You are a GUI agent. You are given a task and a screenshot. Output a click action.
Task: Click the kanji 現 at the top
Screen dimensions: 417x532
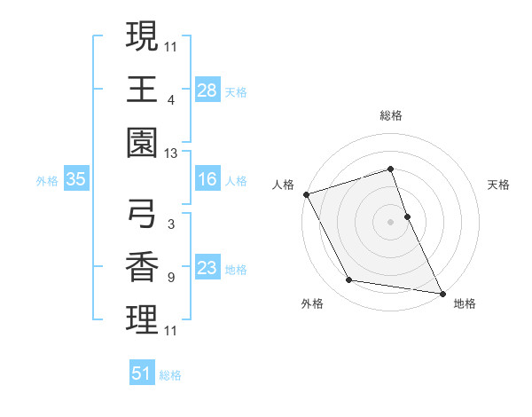(x=142, y=36)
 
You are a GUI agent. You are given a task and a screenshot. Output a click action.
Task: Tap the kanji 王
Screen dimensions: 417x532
(x=142, y=90)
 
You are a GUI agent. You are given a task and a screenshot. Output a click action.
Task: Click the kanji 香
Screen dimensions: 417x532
(x=142, y=267)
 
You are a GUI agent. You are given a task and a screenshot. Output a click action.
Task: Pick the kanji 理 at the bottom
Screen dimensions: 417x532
(x=142, y=321)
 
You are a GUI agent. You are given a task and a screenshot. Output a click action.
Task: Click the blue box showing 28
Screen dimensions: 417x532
(x=207, y=90)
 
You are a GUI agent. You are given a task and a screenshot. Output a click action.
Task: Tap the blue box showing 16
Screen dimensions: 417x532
(x=207, y=180)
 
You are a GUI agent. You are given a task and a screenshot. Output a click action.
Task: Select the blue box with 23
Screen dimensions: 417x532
(x=207, y=269)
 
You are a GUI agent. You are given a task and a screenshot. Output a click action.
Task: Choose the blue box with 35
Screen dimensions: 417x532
(x=76, y=180)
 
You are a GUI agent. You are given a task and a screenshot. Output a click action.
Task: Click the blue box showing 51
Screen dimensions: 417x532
(x=142, y=374)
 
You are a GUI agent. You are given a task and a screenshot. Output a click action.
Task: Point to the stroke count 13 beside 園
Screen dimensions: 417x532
(x=171, y=154)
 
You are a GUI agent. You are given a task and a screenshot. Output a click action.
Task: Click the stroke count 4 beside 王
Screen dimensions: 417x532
(x=170, y=99)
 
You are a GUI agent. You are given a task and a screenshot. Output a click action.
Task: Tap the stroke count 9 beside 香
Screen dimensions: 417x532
(x=170, y=278)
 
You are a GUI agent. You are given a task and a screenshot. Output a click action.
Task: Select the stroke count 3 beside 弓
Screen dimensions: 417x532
(x=170, y=224)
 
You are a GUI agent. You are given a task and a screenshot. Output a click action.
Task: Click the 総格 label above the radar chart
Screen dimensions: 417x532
(x=391, y=115)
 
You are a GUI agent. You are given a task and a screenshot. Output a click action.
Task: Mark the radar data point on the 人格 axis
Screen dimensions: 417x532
(x=306, y=194)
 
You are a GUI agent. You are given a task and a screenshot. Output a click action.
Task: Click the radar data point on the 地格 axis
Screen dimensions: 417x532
(x=442, y=292)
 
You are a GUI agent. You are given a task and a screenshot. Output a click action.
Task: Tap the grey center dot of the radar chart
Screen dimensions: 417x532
(x=391, y=221)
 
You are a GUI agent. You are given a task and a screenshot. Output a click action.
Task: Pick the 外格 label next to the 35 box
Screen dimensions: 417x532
(x=47, y=181)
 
